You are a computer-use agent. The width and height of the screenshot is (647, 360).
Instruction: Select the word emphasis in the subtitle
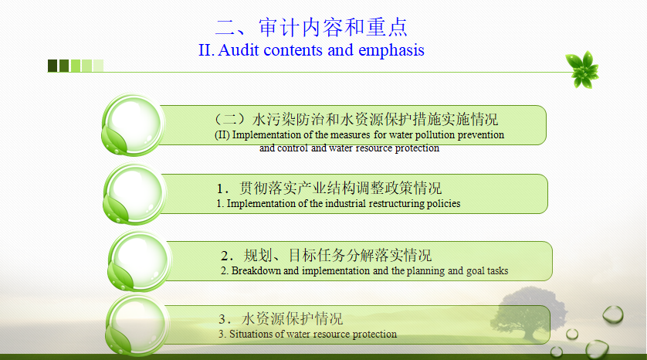pos(391,51)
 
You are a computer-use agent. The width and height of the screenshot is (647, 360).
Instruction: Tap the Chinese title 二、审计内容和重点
pos(312,28)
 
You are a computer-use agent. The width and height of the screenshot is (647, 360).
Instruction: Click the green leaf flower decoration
pos(582,70)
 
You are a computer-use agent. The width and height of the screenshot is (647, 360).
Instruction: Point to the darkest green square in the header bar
pos(53,66)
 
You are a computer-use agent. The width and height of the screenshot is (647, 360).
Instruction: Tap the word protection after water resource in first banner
pos(417,148)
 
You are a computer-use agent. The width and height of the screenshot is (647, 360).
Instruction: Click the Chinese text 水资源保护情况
pos(292,319)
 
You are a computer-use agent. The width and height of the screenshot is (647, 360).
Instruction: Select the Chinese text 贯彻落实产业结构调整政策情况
pos(340,188)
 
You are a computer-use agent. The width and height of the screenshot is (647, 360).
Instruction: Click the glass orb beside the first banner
pos(133,124)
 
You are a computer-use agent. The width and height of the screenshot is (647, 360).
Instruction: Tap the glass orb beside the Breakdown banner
pos(140,261)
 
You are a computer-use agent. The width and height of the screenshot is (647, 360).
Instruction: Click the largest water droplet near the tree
pos(596,349)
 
